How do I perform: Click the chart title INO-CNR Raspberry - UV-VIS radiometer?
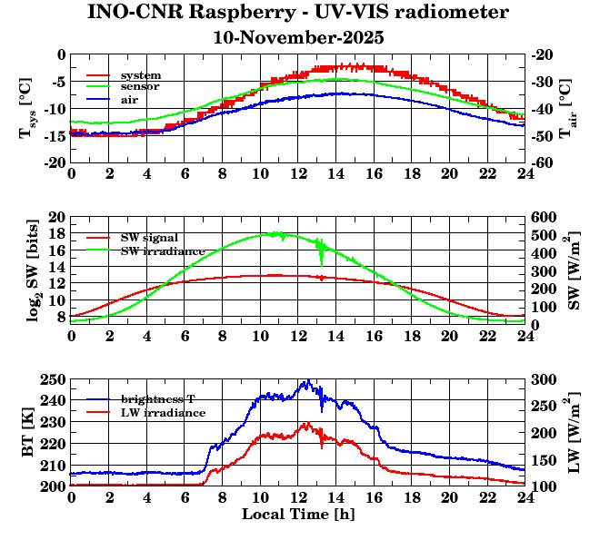click(x=298, y=14)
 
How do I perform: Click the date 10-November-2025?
click(x=298, y=38)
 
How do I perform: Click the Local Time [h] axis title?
click(x=297, y=515)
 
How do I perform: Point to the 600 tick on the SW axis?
click(x=543, y=217)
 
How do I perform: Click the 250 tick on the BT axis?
click(x=55, y=379)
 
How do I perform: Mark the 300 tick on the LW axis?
click(x=543, y=379)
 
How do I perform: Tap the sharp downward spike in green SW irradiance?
click(x=321, y=263)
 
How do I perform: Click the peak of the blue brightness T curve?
click(x=308, y=380)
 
